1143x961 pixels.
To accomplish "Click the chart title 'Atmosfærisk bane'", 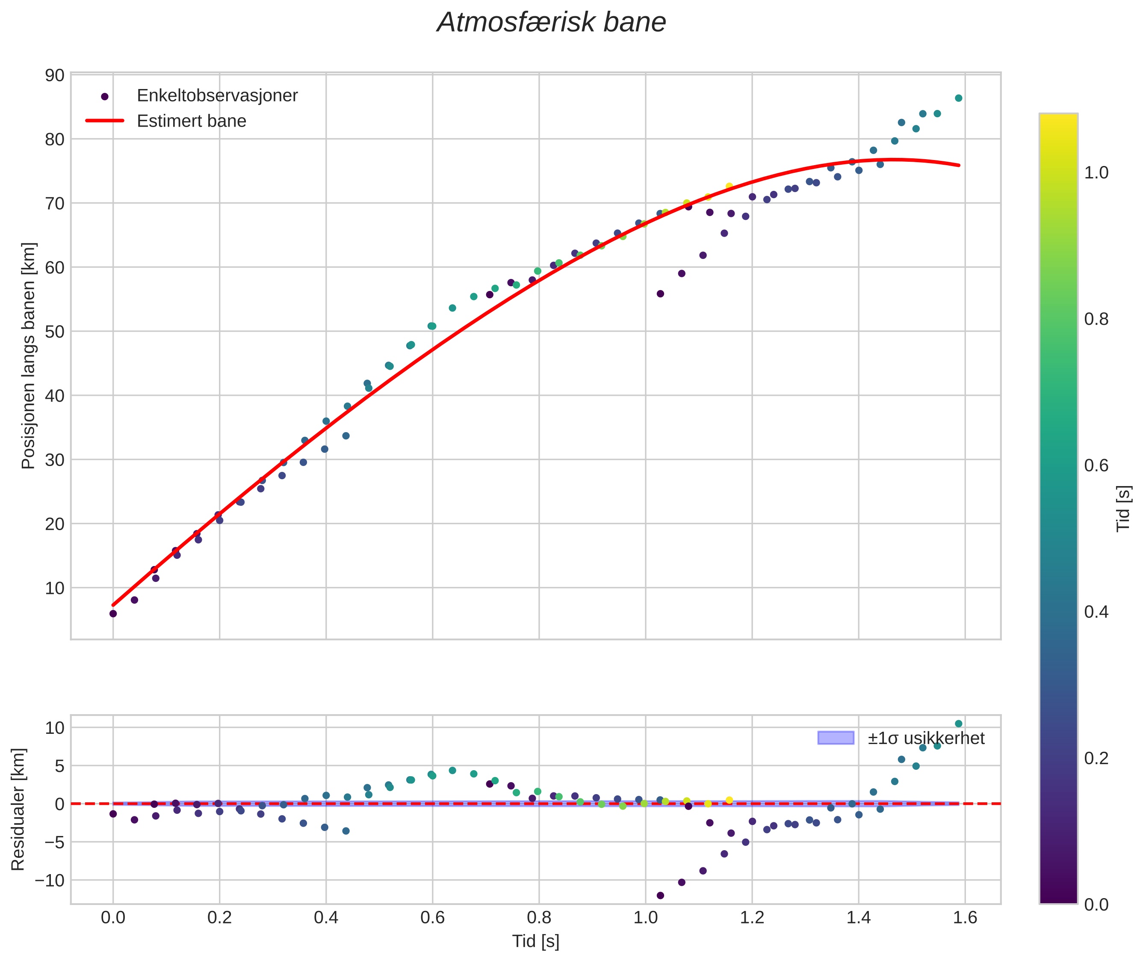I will [551, 23].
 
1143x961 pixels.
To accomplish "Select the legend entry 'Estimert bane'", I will [191, 121].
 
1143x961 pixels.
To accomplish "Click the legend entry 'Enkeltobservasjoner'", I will [217, 95].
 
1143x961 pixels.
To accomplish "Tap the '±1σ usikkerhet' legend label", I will [926, 738].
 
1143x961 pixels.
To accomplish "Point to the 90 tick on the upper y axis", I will [54, 75].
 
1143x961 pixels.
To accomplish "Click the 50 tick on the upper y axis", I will [54, 332].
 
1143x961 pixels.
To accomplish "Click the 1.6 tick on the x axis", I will [965, 918].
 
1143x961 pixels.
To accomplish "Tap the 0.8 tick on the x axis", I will [539, 918].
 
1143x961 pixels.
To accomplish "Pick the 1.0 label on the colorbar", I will [1096, 173].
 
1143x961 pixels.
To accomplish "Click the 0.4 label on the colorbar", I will [1096, 612].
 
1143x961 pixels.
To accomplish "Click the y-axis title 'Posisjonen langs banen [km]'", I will [28, 356].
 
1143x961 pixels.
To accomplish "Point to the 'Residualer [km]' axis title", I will [18, 810].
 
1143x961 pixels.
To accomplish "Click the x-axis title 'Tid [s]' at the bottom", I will [536, 941].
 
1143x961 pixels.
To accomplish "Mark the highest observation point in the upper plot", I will [958, 98].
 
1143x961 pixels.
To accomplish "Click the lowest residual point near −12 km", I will [660, 896].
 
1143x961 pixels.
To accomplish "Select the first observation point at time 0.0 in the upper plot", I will [113, 614].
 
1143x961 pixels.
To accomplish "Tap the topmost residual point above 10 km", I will [958, 724].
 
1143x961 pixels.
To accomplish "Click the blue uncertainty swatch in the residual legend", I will [835, 738].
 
